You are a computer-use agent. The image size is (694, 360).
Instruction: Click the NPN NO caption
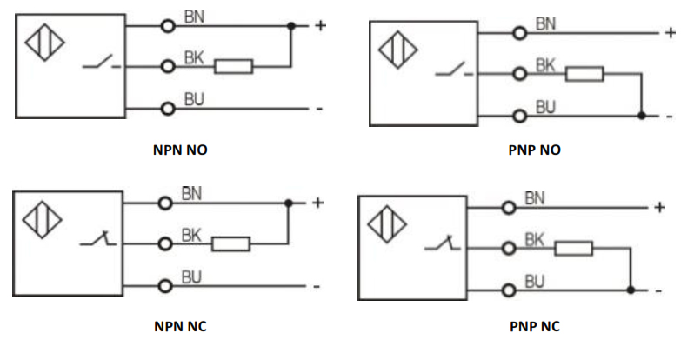[x=180, y=150]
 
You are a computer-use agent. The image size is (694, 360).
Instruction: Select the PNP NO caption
[x=534, y=150]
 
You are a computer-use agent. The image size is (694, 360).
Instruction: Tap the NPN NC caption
[x=179, y=327]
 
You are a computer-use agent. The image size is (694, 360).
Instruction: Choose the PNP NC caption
[x=534, y=327]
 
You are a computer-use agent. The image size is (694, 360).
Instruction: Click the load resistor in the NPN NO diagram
[x=234, y=66]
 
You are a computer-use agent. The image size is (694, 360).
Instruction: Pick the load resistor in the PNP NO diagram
[x=584, y=74]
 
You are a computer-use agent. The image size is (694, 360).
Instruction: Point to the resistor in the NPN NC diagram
[x=231, y=243]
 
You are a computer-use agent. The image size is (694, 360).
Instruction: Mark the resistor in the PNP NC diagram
[x=574, y=249]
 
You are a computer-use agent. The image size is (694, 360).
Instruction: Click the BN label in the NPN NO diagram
[x=194, y=17]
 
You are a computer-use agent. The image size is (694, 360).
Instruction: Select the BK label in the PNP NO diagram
[x=545, y=64]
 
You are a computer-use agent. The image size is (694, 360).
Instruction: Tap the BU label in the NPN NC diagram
[x=192, y=277]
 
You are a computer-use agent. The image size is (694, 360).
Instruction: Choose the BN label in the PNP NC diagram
[x=535, y=199]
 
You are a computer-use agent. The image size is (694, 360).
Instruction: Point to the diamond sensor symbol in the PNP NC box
[x=386, y=224]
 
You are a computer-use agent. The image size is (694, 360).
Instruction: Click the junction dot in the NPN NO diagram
[x=291, y=26]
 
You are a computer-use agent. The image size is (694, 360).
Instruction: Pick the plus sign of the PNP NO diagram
[x=670, y=33]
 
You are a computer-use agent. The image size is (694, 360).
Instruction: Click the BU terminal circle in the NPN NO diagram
[x=168, y=109]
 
